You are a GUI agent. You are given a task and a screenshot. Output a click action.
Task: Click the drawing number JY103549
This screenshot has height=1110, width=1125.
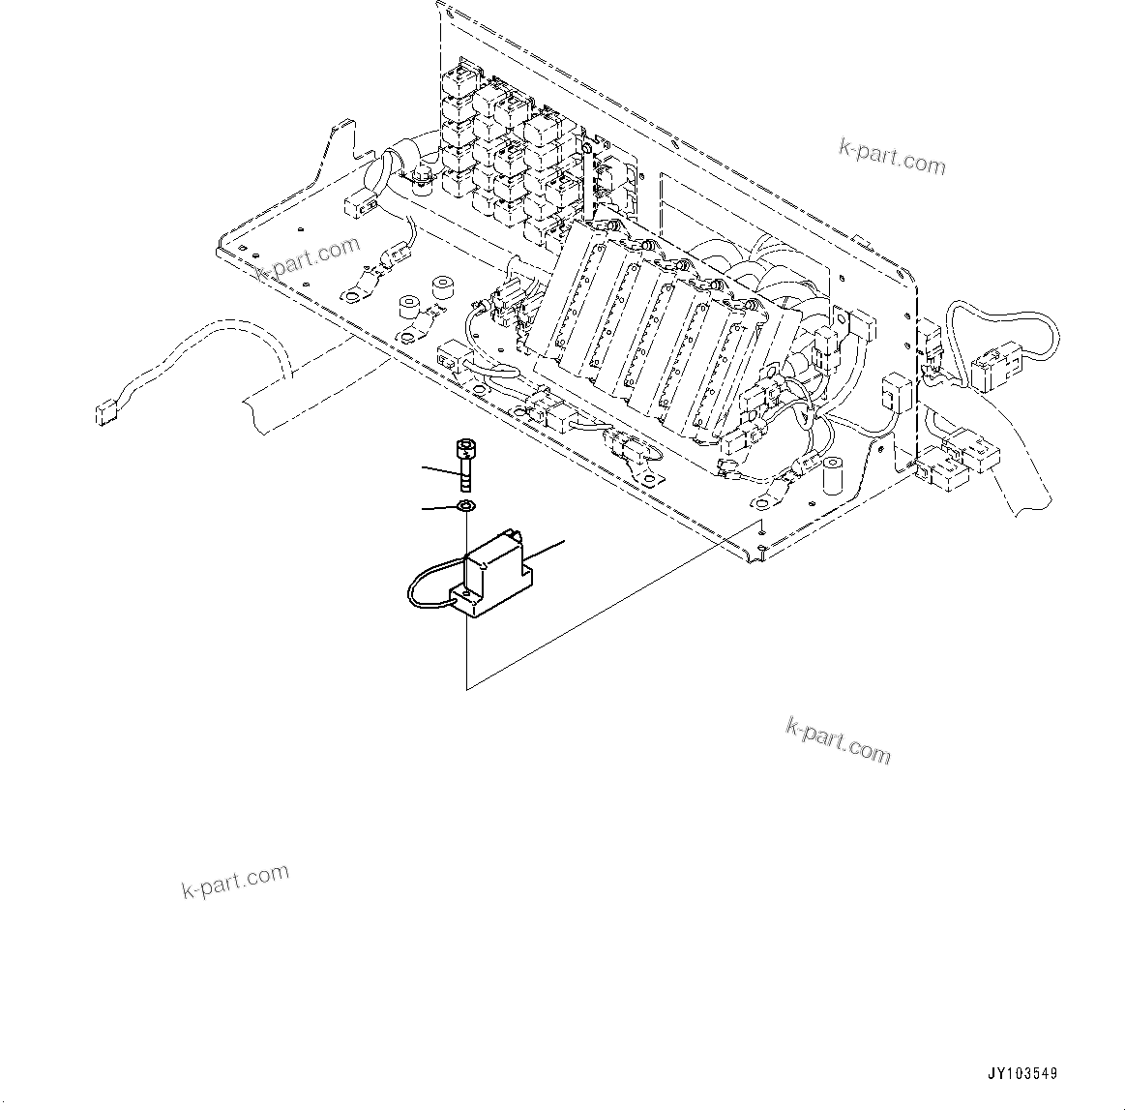pyautogui.click(x=1022, y=1073)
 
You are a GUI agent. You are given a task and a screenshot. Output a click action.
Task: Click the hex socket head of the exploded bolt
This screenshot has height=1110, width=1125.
pyautogui.click(x=464, y=447)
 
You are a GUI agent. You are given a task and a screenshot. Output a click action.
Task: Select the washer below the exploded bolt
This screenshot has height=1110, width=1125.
pyautogui.click(x=465, y=506)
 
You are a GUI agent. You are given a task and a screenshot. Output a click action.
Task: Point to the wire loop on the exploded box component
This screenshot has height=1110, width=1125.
pyautogui.click(x=422, y=585)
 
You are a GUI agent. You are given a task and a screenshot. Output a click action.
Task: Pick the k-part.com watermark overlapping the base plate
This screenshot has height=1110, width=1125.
pyautogui.click(x=308, y=257)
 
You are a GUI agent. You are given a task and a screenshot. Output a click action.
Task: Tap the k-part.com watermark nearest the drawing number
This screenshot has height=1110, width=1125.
pyautogui.click(x=838, y=739)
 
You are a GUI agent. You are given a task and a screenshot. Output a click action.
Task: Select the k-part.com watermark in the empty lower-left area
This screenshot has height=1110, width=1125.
pyautogui.click(x=235, y=881)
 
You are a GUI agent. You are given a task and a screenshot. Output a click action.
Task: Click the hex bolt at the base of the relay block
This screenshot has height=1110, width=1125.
pyautogui.click(x=422, y=177)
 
